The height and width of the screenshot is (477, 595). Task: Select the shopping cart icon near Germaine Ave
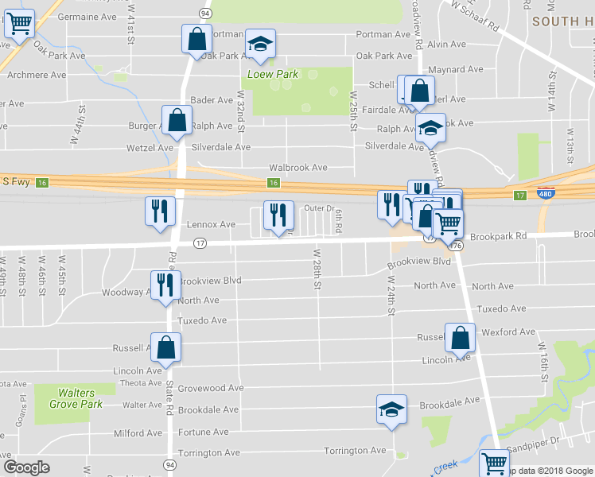[x=20, y=24]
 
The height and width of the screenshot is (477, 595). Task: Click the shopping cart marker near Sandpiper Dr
[x=495, y=462]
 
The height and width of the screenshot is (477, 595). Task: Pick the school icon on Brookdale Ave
[x=391, y=410]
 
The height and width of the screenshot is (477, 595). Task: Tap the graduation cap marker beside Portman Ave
[x=260, y=45]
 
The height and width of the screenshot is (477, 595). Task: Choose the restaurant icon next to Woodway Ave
[x=165, y=286]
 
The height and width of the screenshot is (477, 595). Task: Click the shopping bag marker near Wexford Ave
[x=461, y=338]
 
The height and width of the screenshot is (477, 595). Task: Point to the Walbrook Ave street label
[x=298, y=168]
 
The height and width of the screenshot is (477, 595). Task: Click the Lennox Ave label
[x=211, y=225]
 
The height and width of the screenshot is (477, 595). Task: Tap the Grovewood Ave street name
[x=210, y=388]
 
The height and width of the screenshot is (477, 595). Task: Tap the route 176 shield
[x=456, y=246]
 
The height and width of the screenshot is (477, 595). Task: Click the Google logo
[x=26, y=467]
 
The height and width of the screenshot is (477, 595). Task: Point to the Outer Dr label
[x=318, y=208]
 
